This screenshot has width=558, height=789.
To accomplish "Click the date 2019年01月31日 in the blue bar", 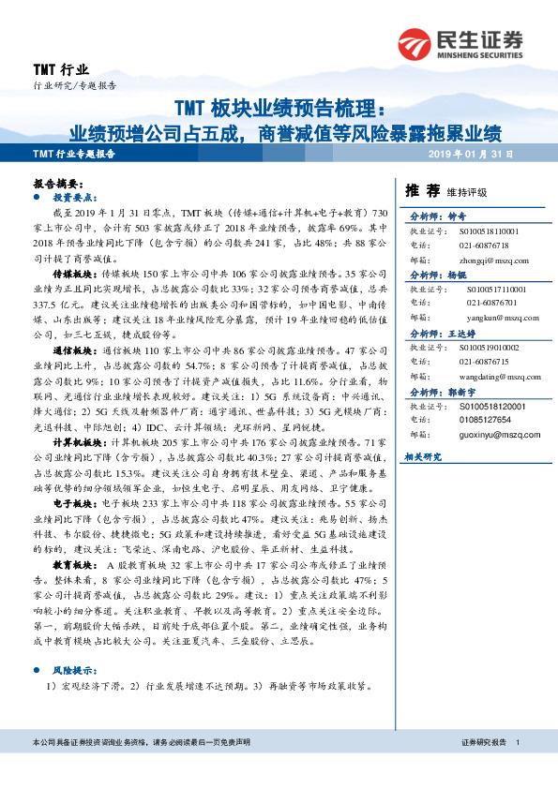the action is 475,155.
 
